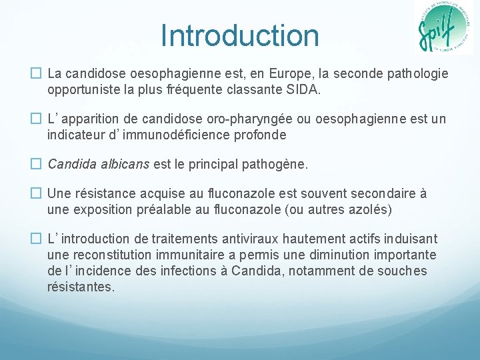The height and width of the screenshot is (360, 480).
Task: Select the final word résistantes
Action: tap(81, 287)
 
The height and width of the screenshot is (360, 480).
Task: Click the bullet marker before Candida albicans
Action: tap(37, 164)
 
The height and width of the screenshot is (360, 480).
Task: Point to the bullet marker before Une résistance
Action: tap(37, 193)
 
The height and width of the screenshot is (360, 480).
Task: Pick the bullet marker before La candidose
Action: tap(37, 73)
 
